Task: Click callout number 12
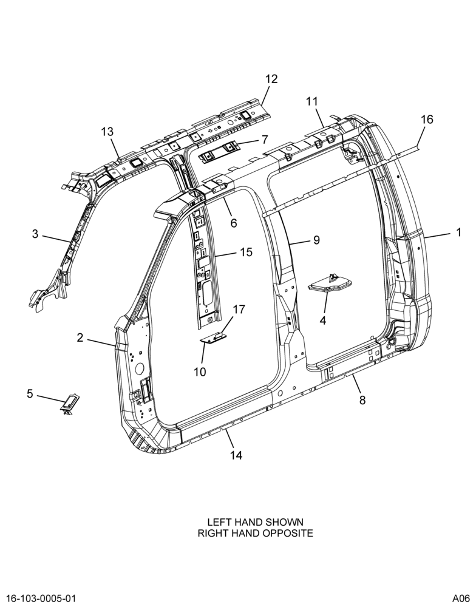(x=271, y=79)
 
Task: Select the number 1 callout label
(x=459, y=232)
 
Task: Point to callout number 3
(x=35, y=234)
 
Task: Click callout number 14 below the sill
(x=236, y=455)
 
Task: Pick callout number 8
(x=362, y=400)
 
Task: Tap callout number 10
(x=200, y=372)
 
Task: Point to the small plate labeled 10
(x=213, y=339)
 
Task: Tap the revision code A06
(x=461, y=599)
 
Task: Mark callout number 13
(x=107, y=132)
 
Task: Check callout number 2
(x=80, y=338)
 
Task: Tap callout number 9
(x=316, y=240)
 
